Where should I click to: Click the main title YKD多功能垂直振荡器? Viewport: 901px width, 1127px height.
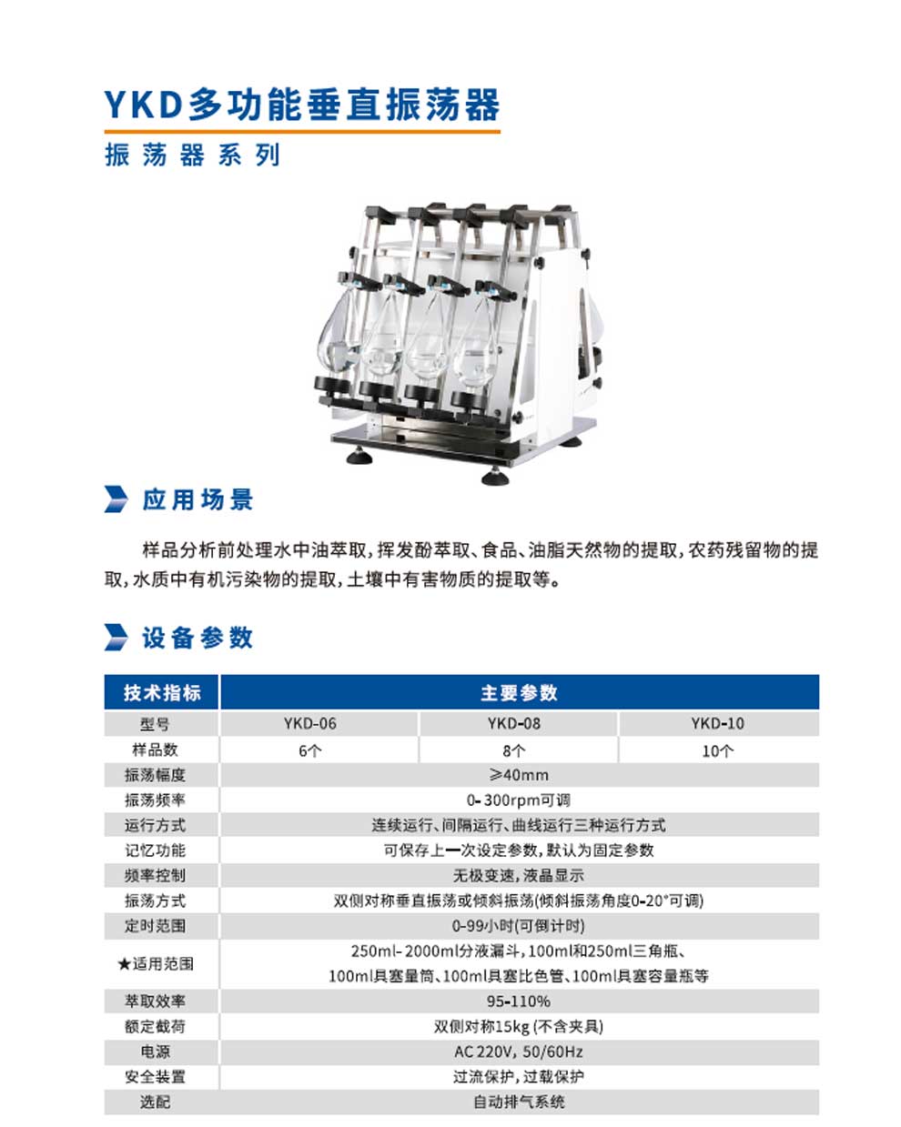[302, 105]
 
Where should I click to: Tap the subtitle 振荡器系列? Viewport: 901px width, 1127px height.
[192, 155]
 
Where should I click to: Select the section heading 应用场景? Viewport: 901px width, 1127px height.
[197, 499]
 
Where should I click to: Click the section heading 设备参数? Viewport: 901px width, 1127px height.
[197, 638]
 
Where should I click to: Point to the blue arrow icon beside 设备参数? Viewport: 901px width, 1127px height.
[116, 638]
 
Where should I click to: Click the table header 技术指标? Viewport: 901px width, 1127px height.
[162, 692]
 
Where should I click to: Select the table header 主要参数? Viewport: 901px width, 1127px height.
[519, 692]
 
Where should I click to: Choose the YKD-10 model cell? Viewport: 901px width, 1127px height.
[717, 723]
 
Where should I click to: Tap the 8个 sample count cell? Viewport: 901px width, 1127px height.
[513, 750]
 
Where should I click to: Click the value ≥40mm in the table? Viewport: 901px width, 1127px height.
[519, 775]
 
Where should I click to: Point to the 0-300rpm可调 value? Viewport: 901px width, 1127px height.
[519, 800]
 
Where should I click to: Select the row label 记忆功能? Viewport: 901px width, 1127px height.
[155, 850]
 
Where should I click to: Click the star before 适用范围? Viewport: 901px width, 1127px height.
[124, 963]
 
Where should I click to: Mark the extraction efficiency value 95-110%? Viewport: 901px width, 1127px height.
[519, 1001]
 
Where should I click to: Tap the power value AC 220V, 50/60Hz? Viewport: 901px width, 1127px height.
[519, 1052]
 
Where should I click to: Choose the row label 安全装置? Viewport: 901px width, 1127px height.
[155, 1076]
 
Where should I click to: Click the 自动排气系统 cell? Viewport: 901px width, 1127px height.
[519, 1102]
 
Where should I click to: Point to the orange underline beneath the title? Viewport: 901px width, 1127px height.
[302, 132]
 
